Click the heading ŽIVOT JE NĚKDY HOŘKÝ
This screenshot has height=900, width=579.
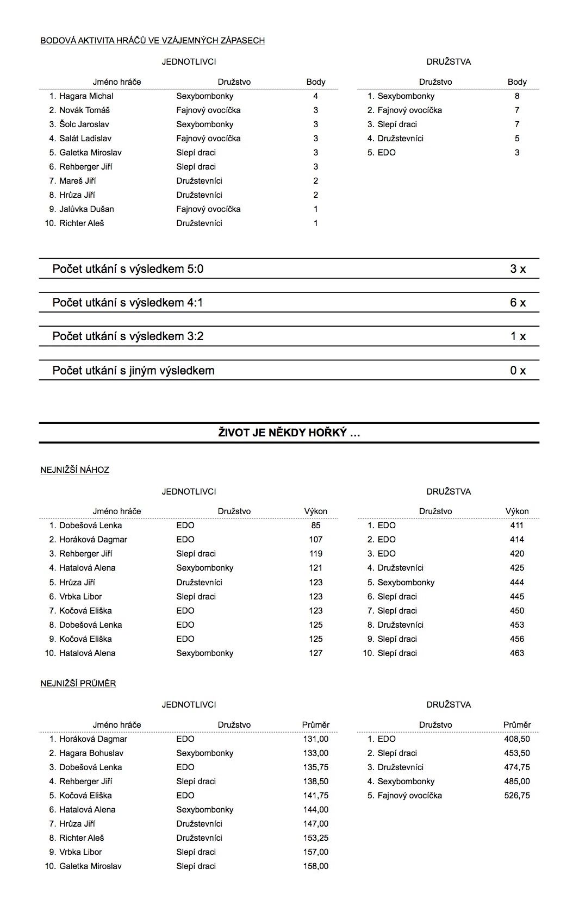289,433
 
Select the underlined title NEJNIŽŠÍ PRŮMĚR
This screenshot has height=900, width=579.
78,683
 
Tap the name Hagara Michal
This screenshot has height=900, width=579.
86,96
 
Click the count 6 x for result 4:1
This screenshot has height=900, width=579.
518,303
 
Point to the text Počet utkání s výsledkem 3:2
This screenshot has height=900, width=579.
128,336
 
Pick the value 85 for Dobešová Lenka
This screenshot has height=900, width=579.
316,526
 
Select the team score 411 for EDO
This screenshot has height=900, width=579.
516,526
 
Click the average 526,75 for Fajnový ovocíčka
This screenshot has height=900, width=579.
516,795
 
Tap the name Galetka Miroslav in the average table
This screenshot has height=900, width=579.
90,866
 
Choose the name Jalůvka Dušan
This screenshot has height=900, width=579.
86,209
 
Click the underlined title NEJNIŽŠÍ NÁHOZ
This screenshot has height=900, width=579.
74,470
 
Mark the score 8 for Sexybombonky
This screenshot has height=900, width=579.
517,96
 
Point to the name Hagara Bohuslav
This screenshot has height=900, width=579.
91,753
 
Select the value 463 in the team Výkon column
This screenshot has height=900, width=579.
516,653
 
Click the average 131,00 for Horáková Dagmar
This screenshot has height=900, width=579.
316,739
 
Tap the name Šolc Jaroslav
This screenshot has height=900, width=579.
84,124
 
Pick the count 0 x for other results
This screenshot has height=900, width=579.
518,371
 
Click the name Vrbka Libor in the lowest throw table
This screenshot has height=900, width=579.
80,596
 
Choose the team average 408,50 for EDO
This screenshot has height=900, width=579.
516,739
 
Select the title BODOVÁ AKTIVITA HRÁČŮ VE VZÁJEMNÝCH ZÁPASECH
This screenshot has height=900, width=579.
153,40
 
